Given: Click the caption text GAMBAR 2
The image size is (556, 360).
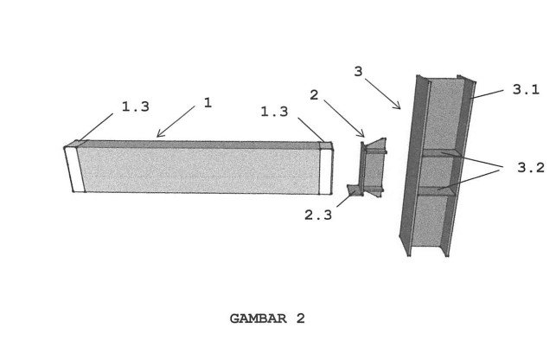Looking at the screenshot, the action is click(267, 318).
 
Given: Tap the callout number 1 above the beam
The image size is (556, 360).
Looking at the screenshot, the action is click(208, 103).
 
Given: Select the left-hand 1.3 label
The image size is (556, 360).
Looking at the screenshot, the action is click(136, 106).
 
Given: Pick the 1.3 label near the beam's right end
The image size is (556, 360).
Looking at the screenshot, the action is click(274, 112).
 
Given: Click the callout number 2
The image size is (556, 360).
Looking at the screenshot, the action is click(314, 95).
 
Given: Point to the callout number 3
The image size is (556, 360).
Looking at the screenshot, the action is click(358, 71).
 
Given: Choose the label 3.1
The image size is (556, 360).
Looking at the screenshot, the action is click(526, 89).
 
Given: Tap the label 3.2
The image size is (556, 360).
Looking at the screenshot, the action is click(530, 167).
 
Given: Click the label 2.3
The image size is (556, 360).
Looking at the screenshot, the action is click(318, 215).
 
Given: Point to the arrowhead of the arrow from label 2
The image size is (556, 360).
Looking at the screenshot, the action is click(362, 135).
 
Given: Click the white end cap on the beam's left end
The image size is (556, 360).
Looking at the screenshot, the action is click(75, 170).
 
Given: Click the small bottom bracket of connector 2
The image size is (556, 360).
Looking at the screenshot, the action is click(355, 190).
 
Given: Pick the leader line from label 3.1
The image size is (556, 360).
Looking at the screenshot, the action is click(487, 94).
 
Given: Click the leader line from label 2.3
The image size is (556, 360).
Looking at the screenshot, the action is click(345, 200).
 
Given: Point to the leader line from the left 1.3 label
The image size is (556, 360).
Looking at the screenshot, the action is click(96, 127).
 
